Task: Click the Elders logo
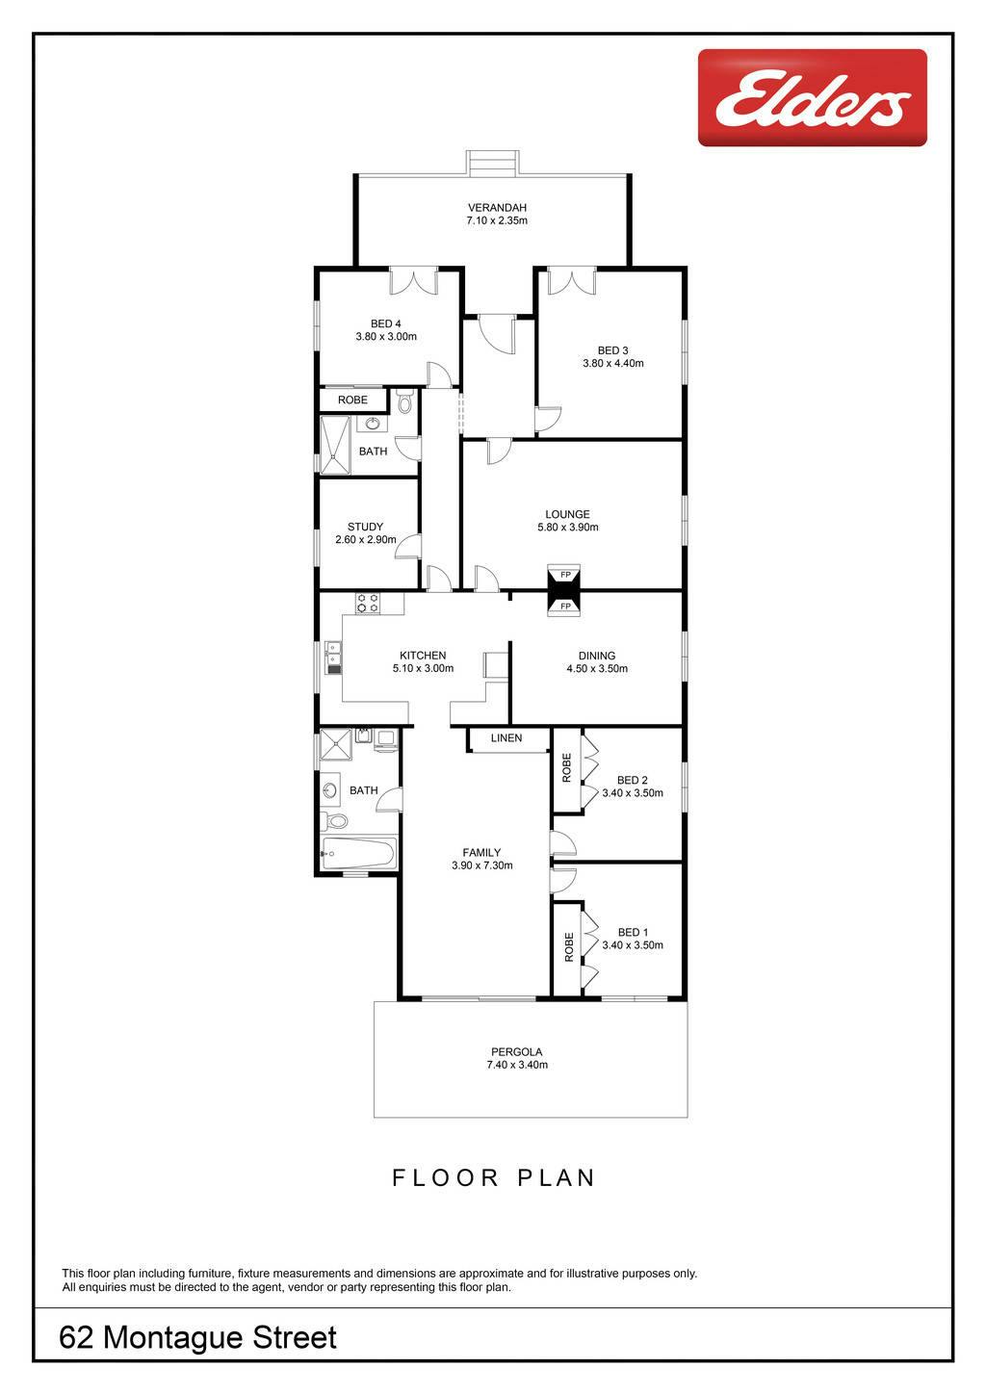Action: (x=812, y=97)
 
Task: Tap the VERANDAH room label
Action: (x=497, y=207)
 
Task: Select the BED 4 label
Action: (x=385, y=323)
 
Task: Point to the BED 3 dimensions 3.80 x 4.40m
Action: (x=612, y=364)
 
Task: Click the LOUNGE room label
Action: (x=567, y=514)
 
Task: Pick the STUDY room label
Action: (x=365, y=527)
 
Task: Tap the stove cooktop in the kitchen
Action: (x=368, y=603)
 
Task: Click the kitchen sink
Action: (x=334, y=658)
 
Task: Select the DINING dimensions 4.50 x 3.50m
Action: (x=597, y=669)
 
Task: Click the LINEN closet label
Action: (x=506, y=738)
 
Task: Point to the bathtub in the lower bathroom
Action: (x=358, y=853)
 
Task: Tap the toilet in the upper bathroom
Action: (x=404, y=400)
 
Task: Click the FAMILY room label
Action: (x=481, y=853)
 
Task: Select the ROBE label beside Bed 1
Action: (x=568, y=947)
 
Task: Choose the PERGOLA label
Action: (x=517, y=1051)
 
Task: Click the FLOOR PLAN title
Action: (x=494, y=1177)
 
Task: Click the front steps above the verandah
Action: (x=492, y=163)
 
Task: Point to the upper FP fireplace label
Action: (x=565, y=575)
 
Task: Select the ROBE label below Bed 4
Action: (x=352, y=400)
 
